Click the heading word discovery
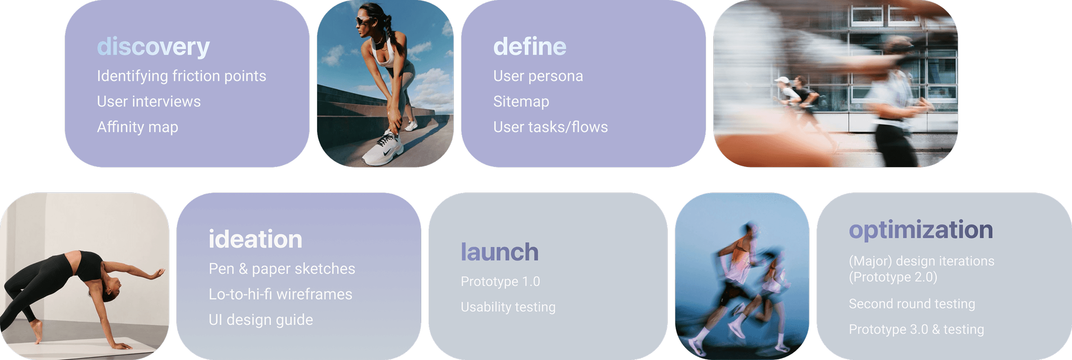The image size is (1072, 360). [x=153, y=47]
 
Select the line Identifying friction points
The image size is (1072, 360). [x=181, y=76]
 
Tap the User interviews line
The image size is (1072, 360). [x=149, y=101]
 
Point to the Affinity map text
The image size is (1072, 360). [x=138, y=127]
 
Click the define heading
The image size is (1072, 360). [x=530, y=46]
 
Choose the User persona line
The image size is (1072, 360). [x=538, y=76]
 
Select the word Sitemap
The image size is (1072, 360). [x=521, y=102]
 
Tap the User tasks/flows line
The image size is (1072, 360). [x=550, y=127]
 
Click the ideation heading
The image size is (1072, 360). [x=255, y=239]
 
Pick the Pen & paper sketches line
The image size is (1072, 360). [x=282, y=269]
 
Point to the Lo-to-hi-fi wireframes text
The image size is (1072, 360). [x=281, y=294]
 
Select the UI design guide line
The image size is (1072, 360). [x=261, y=320]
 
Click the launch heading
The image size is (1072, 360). [x=499, y=252]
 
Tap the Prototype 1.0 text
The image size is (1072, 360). [x=500, y=281]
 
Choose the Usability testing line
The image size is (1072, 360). [x=508, y=307]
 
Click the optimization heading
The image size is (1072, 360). [x=921, y=230]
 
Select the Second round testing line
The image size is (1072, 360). [x=912, y=304]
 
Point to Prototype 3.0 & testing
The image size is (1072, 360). [x=917, y=329]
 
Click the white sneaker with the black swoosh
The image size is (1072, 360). [x=382, y=149]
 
